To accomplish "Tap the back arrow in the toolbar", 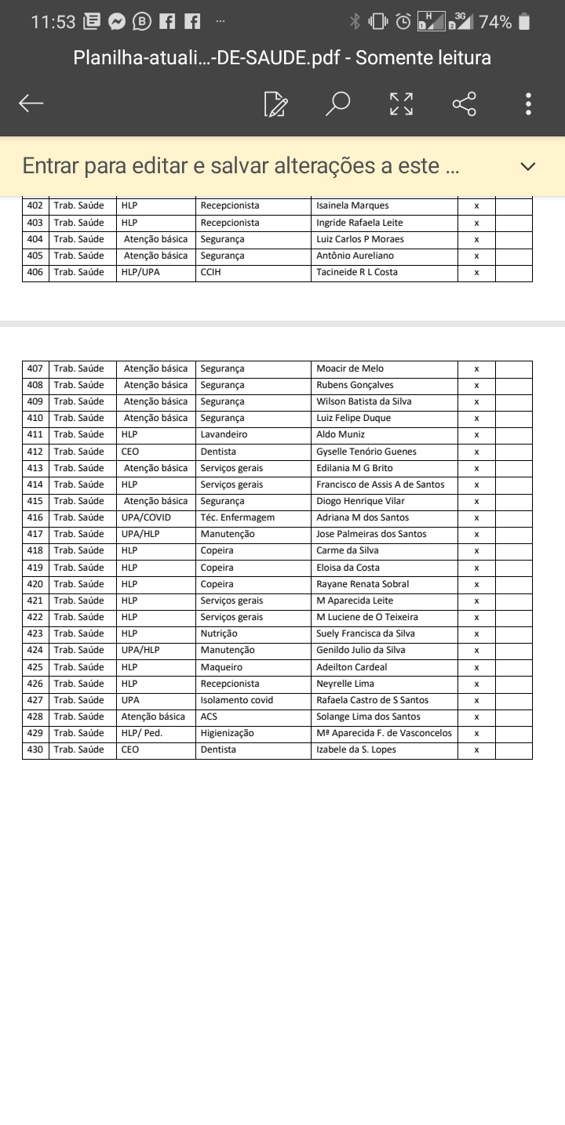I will (x=31, y=103).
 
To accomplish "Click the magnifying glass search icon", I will (x=337, y=103).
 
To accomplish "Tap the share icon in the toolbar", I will (x=465, y=103).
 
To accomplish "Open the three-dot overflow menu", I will (x=529, y=103).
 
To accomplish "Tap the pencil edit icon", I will (x=275, y=103).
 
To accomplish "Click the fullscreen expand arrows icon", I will (x=401, y=103).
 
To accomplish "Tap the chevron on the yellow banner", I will (x=528, y=166).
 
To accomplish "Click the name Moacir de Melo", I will (x=350, y=368).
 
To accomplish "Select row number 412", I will (x=35, y=452).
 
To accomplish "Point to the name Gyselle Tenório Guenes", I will (x=366, y=452).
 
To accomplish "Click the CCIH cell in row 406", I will (x=211, y=272).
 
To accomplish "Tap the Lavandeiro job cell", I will (x=224, y=434).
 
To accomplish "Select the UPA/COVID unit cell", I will (x=146, y=517).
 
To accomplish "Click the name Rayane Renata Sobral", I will (x=363, y=584).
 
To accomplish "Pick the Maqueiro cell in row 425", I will (x=221, y=667).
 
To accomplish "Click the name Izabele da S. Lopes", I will (x=356, y=749).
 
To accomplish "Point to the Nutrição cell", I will (x=219, y=633).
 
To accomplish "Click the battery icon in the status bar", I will (x=524, y=22).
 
